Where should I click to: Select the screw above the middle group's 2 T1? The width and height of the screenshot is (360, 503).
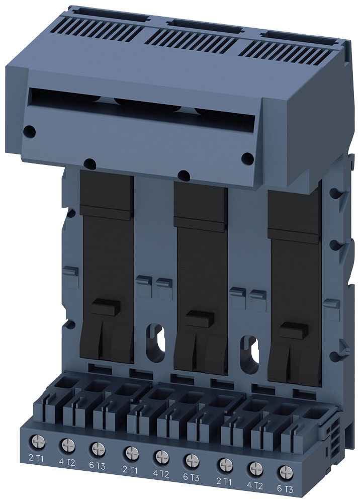(x=130, y=452)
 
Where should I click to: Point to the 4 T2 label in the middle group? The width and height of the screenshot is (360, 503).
(x=161, y=473)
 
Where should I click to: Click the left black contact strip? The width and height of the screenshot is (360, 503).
(x=107, y=267)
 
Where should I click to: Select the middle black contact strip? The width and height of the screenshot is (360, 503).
(x=200, y=277)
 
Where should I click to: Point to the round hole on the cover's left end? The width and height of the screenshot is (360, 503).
(x=30, y=131)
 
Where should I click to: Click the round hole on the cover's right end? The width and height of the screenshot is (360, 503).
(x=247, y=158)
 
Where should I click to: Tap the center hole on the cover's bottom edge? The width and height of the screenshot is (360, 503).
(x=184, y=176)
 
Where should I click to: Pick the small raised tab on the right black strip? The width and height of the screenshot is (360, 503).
(x=294, y=331)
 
